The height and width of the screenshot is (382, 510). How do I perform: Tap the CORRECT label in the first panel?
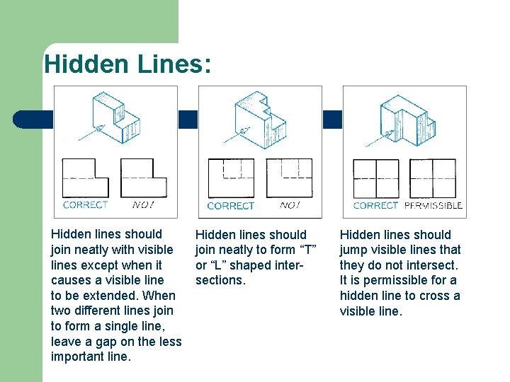click(85, 204)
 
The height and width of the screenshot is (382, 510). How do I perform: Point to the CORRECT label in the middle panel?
click(230, 206)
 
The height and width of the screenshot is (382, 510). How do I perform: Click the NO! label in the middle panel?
click(289, 205)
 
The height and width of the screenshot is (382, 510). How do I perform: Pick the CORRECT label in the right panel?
click(375, 205)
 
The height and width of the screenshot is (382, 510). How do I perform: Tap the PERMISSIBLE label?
click(433, 205)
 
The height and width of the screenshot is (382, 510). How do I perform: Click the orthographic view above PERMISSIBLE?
click(432, 178)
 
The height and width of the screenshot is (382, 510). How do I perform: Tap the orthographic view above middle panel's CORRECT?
click(230, 178)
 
